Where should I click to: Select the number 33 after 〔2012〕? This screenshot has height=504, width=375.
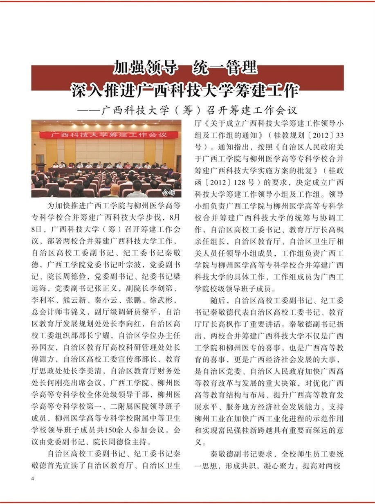[x=338, y=135]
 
